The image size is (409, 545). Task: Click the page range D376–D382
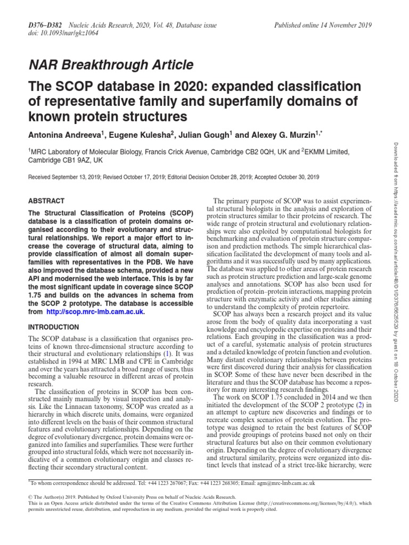tap(46, 25)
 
